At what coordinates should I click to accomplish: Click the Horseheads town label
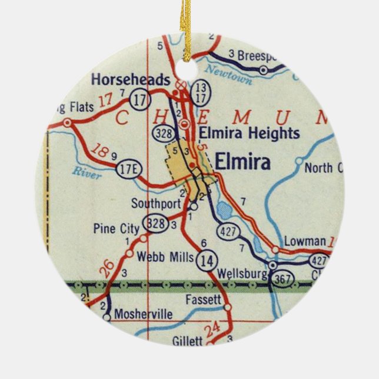click(131, 79)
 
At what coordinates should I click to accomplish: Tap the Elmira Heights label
click(250, 133)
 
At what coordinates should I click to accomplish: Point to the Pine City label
click(116, 228)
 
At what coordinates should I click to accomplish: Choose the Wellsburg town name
click(238, 274)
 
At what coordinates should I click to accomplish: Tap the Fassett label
click(202, 300)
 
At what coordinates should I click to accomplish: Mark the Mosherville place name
click(144, 315)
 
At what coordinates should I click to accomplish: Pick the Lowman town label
click(304, 241)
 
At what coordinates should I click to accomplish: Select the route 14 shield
click(206, 258)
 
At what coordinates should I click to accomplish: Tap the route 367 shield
click(282, 281)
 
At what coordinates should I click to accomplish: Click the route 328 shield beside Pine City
click(157, 223)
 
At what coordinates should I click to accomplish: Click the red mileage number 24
click(213, 327)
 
